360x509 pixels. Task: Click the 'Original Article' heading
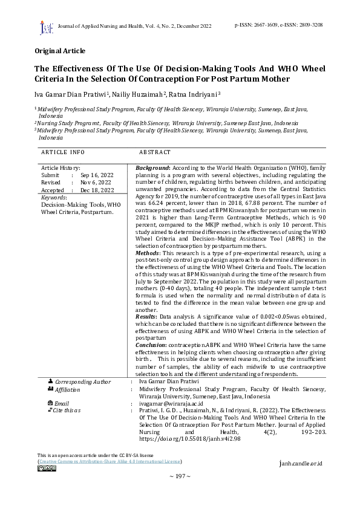point(60,51)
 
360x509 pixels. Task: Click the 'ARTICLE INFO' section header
point(63,153)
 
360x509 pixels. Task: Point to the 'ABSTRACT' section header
point(155,153)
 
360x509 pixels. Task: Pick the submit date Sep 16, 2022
point(97,174)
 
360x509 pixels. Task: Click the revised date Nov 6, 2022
point(96,182)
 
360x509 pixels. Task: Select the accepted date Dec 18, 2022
point(97,190)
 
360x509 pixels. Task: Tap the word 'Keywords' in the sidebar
point(54,198)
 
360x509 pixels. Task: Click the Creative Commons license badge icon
point(47,468)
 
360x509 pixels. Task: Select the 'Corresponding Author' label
point(83,382)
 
